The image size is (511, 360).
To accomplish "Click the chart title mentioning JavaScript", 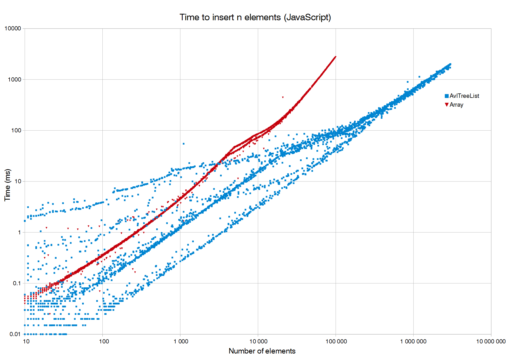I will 255,17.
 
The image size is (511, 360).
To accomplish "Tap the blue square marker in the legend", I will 447,96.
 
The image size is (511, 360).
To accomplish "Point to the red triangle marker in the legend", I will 447,105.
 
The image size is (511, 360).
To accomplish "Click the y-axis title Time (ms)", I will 8,185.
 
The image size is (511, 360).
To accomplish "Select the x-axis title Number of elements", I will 262,351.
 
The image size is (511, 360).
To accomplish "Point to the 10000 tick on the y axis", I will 13,29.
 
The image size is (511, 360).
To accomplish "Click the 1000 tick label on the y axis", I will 14,80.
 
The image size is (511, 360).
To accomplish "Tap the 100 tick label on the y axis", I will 16,131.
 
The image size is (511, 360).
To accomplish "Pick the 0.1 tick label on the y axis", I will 17,283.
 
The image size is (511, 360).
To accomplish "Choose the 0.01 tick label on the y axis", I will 15,334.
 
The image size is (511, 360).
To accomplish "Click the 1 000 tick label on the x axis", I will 181,342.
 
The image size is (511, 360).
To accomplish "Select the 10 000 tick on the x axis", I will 258,342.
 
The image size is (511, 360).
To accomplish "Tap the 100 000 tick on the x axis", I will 336,342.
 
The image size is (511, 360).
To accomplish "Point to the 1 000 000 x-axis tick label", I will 413,342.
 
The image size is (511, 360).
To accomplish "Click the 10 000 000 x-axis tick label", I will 491,342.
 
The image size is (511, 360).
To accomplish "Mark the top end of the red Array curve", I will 335,57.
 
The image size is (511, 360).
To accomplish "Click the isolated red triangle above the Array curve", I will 283,97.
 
